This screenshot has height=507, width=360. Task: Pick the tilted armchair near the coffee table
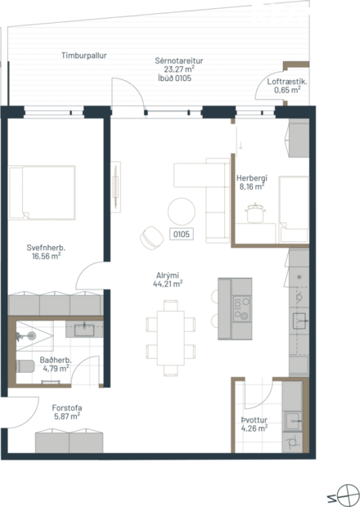pos(150,236)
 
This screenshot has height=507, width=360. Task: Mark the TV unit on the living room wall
pos(117,186)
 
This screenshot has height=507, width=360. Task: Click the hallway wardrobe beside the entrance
pos(68,442)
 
